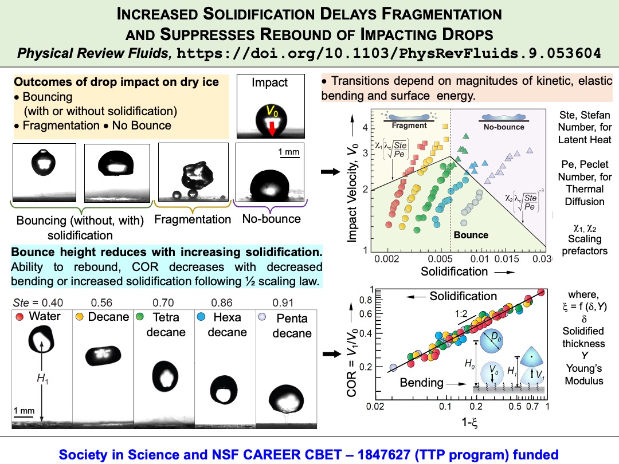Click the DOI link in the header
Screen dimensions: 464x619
coord(390,54)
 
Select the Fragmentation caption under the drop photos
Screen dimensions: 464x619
coord(193,219)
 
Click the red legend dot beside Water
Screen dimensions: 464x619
coord(20,317)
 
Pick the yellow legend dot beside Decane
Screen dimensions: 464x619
coord(80,317)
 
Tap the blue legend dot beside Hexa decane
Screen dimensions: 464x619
coord(201,317)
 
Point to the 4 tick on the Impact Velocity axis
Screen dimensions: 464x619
coord(365,127)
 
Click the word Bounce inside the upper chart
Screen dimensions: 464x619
coord(471,235)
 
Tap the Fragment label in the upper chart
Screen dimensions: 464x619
coord(409,125)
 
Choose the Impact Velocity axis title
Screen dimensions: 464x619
coord(353,187)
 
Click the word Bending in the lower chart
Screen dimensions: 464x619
coord(421,382)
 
